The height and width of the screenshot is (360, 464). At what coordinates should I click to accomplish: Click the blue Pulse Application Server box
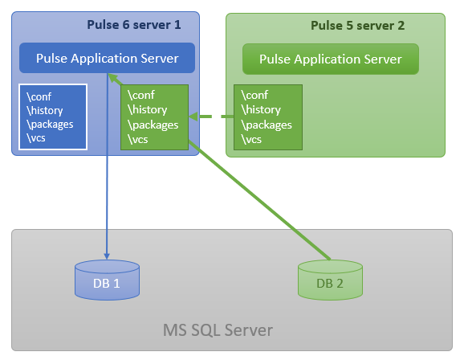107,58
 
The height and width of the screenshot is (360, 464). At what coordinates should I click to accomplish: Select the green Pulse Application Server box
331,59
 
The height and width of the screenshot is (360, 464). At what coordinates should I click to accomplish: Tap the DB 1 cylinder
107,280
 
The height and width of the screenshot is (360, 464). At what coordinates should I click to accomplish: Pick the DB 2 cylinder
330,280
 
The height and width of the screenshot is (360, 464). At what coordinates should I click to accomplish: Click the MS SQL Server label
218,329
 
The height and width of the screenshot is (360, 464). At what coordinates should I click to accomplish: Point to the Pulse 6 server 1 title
134,25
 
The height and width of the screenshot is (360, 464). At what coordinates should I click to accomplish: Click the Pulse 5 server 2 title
357,26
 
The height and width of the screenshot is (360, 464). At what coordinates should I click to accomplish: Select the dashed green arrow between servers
211,117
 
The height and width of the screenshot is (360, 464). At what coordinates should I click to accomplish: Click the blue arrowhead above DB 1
107,256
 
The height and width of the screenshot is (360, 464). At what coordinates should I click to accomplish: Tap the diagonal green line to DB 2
259,200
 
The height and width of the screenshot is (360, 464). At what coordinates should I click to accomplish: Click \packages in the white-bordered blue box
50,125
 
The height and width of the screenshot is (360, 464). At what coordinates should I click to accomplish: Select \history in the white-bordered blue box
44,111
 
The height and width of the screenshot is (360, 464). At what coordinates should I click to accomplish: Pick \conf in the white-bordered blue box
39,96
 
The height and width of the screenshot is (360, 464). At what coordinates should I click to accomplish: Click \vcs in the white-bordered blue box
36,137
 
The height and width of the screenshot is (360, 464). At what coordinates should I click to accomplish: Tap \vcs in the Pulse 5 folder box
251,139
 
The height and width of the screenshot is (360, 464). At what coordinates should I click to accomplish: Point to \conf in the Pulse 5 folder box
254,95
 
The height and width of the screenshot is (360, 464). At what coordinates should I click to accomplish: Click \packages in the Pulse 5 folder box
267,125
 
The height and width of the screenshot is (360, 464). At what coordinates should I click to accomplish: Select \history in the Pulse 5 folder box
261,109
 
